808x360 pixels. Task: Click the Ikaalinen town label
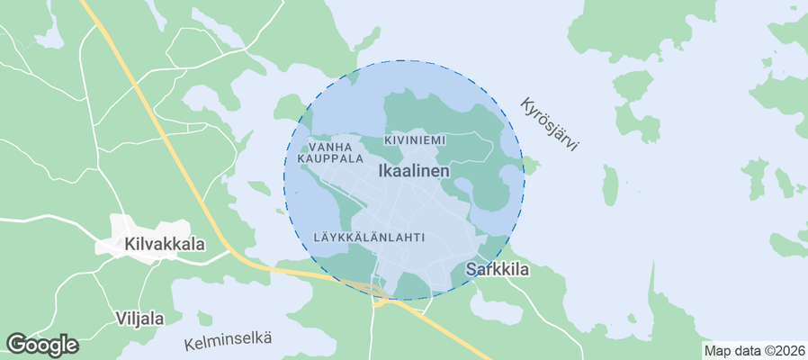[414, 169]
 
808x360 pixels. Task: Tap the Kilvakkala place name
[165, 244]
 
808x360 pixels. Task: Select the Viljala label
[139, 318]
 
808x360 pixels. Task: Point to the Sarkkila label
[497, 269]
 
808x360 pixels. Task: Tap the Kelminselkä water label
[228, 341]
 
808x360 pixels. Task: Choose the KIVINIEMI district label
[414, 141]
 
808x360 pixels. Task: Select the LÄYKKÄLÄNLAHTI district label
[369, 237]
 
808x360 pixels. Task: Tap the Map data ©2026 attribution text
[754, 351]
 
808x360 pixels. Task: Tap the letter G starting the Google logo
[16, 344]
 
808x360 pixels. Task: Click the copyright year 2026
[789, 351]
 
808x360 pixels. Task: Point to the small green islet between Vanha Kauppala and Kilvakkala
[259, 188]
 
